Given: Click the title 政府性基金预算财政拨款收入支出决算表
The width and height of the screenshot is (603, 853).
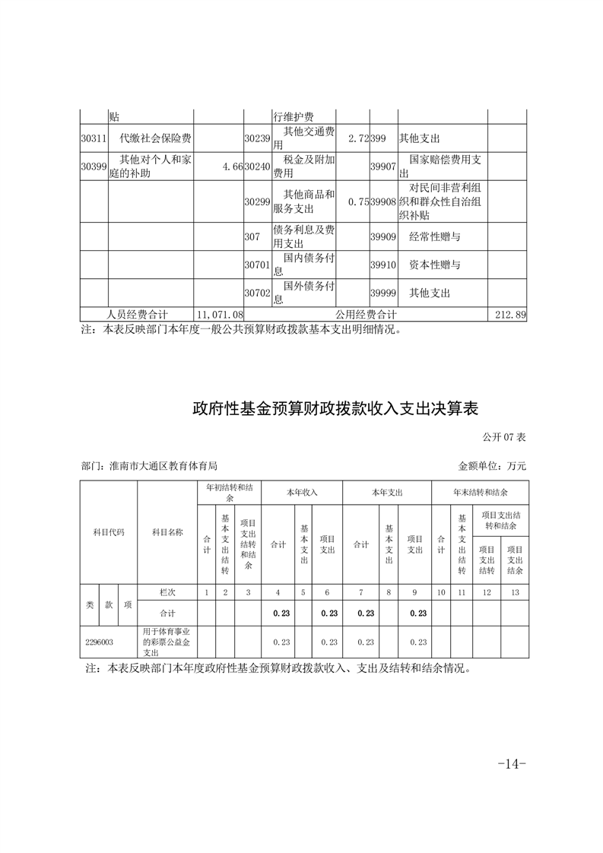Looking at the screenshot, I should coord(335,409).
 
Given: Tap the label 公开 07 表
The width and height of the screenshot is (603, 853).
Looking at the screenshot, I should coord(504,437).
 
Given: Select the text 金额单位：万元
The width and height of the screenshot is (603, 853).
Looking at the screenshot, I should coord(492,465).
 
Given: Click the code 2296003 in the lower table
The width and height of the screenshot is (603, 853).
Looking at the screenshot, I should coord(100,642).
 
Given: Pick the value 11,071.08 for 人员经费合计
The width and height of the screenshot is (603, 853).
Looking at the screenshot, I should coord(220,314).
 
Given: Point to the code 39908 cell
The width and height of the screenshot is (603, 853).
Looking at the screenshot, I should coord(383,201).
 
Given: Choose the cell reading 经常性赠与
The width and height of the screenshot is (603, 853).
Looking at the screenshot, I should coord(435,237).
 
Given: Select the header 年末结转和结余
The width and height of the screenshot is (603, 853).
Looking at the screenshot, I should coord(480,493).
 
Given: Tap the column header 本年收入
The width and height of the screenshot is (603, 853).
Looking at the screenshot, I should coord(302,493).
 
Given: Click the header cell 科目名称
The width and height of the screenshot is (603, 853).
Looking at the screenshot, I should coord(167,532).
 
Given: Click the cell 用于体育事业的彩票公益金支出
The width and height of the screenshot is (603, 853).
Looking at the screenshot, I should coord(167,642).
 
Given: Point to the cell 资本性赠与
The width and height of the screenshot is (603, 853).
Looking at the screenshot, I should coord(435,265).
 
